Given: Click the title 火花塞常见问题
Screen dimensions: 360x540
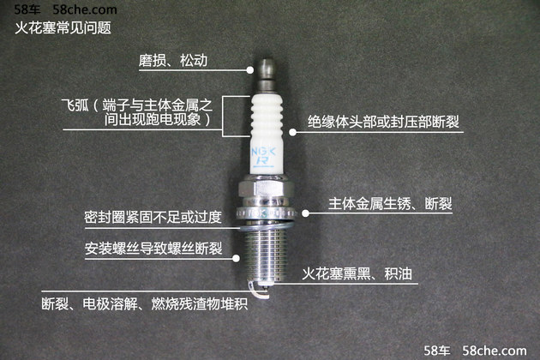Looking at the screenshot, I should (x=63, y=27).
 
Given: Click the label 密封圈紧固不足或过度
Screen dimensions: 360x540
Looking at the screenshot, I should (x=153, y=218).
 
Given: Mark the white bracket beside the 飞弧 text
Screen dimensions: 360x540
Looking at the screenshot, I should (x=225, y=115).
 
